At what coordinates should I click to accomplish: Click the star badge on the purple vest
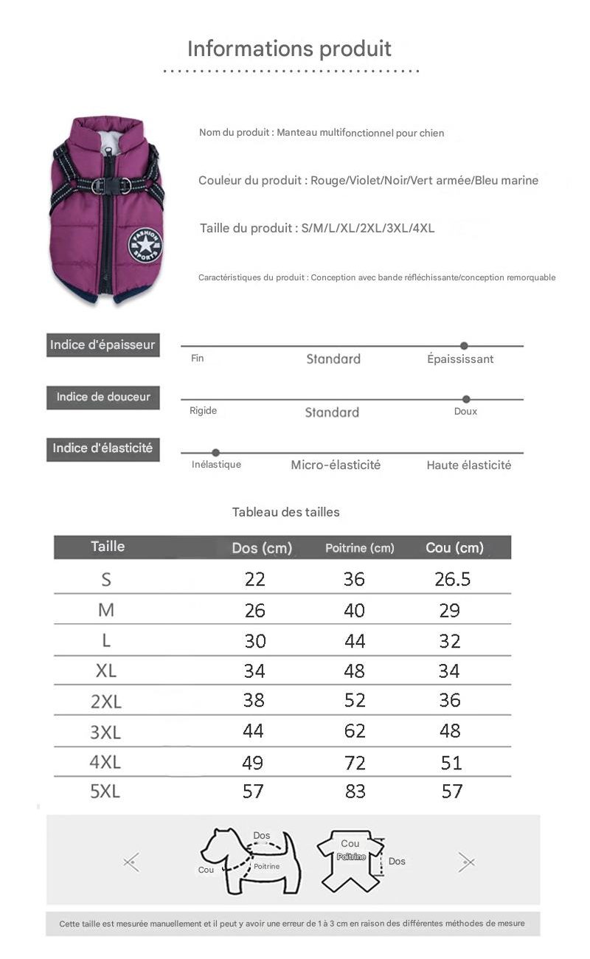click(145, 245)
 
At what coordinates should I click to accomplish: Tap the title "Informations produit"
click(289, 49)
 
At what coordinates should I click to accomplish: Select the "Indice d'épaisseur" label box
click(103, 345)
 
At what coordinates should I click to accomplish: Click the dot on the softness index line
click(466, 399)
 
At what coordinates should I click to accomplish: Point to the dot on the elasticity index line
click(215, 452)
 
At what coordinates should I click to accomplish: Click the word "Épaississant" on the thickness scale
click(460, 359)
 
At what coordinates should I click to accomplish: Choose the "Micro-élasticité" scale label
click(336, 465)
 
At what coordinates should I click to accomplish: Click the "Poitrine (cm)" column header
click(360, 548)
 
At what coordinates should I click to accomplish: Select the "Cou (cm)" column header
click(454, 547)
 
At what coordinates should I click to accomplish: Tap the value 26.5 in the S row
click(452, 579)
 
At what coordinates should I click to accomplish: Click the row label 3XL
click(105, 732)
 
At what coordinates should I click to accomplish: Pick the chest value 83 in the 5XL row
click(355, 792)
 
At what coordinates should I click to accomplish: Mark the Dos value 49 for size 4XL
click(253, 762)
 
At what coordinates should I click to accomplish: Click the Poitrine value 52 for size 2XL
click(355, 700)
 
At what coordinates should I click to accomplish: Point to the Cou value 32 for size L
click(450, 641)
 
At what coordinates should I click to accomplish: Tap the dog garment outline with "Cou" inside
click(351, 859)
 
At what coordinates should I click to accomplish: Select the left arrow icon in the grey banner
click(131, 861)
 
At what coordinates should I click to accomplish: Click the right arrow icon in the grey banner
click(466, 861)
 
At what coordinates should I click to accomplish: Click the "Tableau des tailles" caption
click(286, 512)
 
